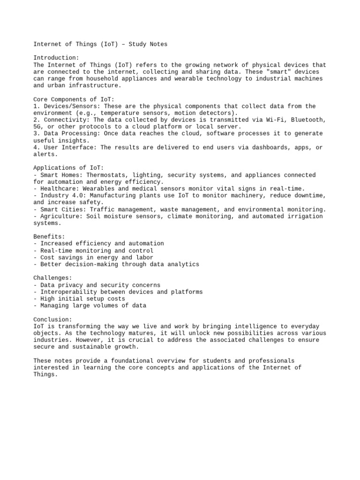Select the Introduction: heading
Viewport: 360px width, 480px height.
click(57, 58)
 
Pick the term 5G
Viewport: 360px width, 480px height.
click(37, 127)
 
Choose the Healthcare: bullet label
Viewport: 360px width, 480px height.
click(59, 189)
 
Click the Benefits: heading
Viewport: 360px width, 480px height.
click(49, 237)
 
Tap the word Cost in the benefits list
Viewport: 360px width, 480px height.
click(48, 257)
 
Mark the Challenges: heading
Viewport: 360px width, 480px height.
click(53, 278)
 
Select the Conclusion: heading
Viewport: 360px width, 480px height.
click(53, 319)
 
